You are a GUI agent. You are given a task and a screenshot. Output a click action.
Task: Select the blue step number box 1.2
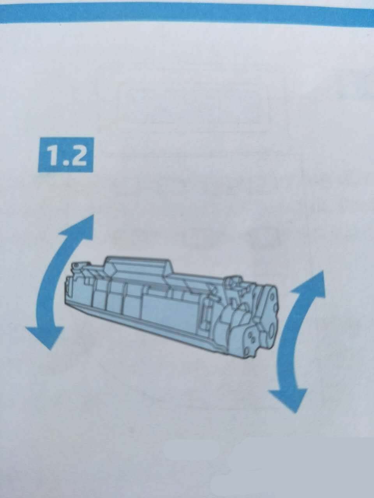pos(65,155)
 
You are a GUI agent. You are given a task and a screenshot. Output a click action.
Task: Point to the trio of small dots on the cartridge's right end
pos(251,338)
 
